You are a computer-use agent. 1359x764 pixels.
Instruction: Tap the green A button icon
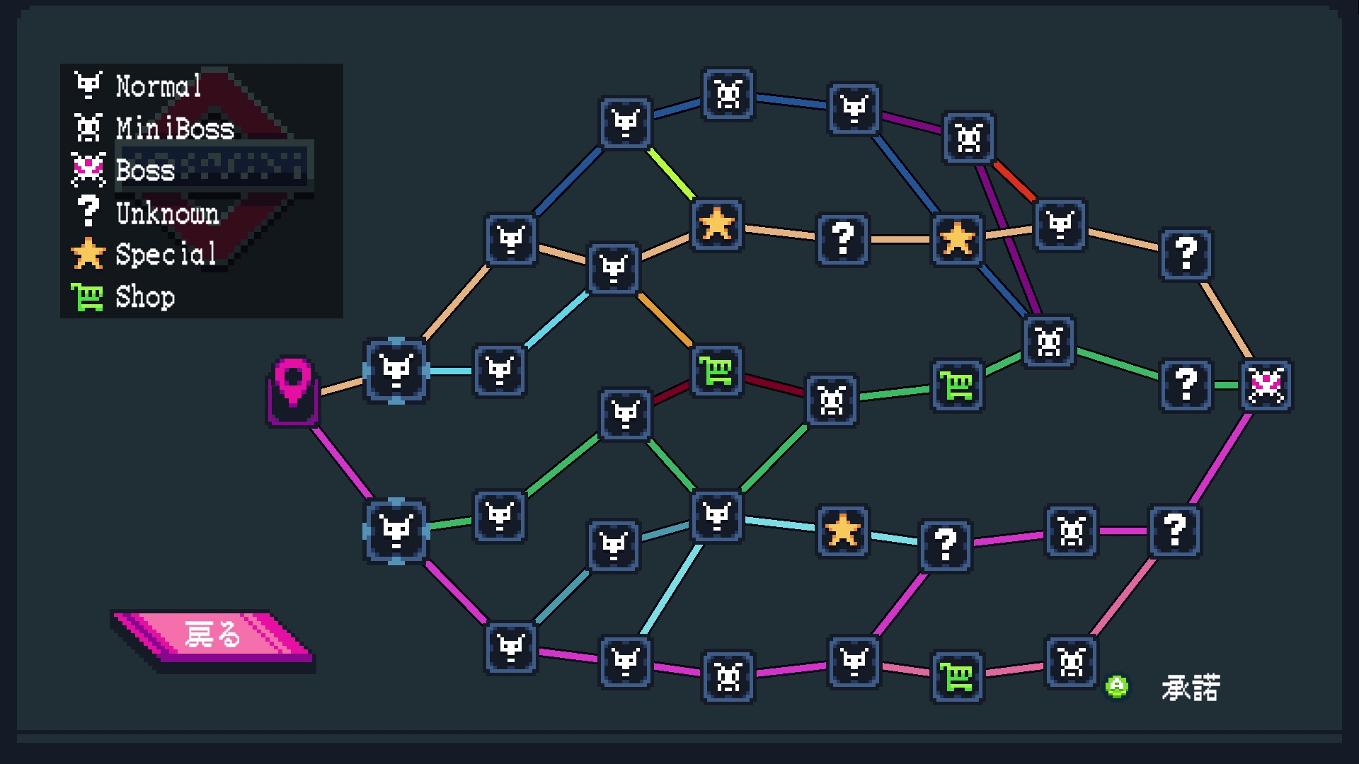(1117, 686)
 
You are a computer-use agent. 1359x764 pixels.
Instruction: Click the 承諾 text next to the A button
(1191, 688)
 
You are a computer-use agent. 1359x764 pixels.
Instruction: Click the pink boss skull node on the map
(1266, 386)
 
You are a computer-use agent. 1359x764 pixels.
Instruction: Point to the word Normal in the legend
(159, 86)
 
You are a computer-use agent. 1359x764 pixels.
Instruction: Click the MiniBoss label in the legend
(175, 129)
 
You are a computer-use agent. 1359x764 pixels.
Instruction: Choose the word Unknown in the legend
(167, 213)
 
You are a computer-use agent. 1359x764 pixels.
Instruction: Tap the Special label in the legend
(166, 255)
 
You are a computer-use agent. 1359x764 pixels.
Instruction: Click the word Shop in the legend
(145, 297)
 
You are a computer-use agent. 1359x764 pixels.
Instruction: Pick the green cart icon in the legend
(87, 297)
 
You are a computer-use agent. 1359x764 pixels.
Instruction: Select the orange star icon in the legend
(88, 254)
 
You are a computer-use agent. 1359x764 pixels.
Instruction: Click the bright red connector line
(1014, 181)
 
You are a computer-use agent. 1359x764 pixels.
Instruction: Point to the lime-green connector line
(670, 173)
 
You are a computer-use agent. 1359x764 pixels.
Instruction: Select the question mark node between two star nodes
(842, 239)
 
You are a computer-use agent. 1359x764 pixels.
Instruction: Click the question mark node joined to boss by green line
(1186, 386)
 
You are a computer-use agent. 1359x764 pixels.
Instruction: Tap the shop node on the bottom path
(956, 678)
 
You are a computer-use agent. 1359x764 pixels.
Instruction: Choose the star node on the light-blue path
(842, 531)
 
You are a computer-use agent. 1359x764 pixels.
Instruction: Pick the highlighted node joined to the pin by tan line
(396, 371)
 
